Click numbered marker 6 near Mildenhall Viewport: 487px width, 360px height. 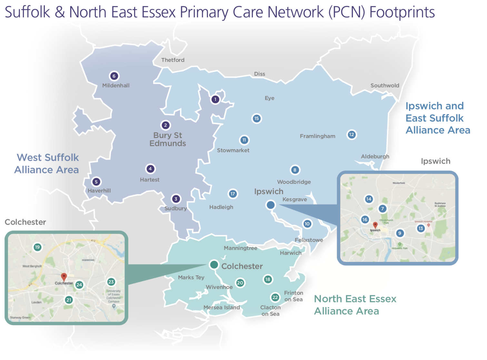[114, 76]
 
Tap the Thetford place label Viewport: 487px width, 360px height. [173, 60]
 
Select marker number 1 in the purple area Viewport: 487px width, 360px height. [215, 99]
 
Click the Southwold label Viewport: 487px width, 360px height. [385, 85]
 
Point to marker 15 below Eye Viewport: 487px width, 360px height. [256, 118]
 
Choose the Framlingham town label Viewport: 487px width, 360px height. [317, 136]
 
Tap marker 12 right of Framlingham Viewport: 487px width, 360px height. [352, 135]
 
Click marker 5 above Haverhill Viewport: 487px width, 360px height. [96, 182]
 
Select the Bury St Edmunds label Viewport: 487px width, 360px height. [168, 139]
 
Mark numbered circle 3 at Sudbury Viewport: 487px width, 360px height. [176, 199]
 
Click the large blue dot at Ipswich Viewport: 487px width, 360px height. [271, 205]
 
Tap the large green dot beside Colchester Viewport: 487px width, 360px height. [214, 265]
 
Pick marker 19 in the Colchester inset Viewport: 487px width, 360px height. [37, 247]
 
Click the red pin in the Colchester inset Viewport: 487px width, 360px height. [64, 276]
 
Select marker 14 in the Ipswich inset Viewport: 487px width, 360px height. [369, 199]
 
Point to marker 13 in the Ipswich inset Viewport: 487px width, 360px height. [421, 228]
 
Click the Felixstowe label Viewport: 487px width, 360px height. [309, 240]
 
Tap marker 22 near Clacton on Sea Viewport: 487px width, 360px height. [275, 297]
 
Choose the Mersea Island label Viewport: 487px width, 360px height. [222, 307]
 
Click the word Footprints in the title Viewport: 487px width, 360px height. [402, 12]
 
